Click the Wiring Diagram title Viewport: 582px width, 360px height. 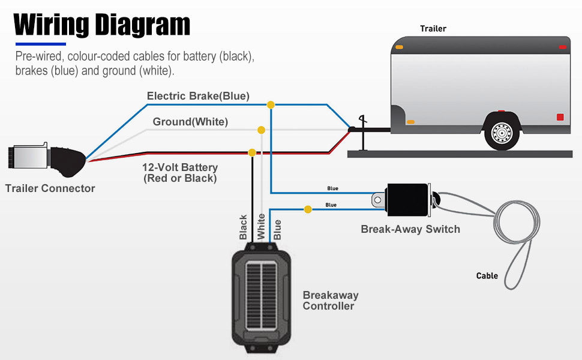[x=102, y=25]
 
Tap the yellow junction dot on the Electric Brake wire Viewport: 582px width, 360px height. [x=271, y=105]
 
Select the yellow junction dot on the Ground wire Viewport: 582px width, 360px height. [x=262, y=130]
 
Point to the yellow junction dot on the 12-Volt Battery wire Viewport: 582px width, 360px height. [x=252, y=152]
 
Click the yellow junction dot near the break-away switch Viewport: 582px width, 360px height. [x=308, y=209]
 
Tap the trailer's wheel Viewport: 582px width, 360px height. [x=502, y=133]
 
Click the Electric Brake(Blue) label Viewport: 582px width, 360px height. [x=198, y=96]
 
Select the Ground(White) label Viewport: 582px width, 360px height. [x=190, y=122]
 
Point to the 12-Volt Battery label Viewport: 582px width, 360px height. [x=180, y=173]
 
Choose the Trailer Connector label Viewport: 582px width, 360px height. [x=50, y=188]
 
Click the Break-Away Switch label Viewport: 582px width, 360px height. [x=410, y=229]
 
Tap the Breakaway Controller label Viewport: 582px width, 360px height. [x=331, y=300]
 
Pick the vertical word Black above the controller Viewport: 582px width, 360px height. [x=243, y=227]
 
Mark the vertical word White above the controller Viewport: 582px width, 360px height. [x=262, y=226]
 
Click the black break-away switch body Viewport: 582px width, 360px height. [x=407, y=200]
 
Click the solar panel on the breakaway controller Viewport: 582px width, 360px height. [x=262, y=296]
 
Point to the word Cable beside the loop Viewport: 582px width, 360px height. [x=487, y=276]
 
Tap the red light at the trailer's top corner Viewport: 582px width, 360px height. [x=563, y=47]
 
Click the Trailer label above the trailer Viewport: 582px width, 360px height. [x=433, y=29]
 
